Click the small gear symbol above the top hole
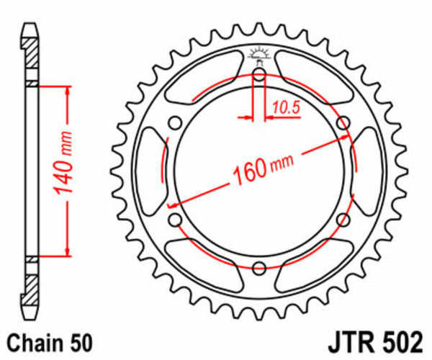pyautogui.click(x=259, y=55)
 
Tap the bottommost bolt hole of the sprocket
pyautogui.click(x=259, y=266)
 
